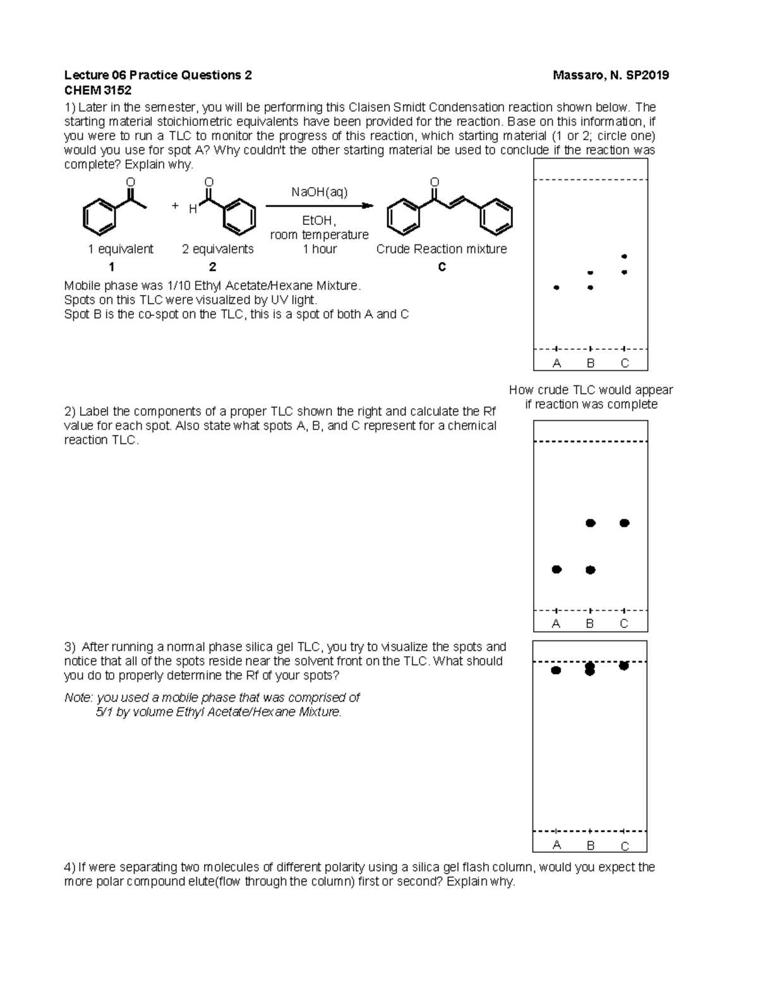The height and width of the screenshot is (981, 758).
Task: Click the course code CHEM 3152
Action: (98, 90)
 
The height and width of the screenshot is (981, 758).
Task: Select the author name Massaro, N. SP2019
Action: (610, 76)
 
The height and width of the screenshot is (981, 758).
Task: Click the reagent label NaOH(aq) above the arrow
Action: (319, 192)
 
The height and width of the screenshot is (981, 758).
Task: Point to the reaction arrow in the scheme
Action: (319, 206)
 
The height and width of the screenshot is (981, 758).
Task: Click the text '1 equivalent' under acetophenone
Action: (121, 249)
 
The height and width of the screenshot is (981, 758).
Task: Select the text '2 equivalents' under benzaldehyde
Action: (218, 249)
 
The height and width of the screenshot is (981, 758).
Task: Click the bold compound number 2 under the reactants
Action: (213, 267)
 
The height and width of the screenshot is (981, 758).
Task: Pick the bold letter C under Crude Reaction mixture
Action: (442, 267)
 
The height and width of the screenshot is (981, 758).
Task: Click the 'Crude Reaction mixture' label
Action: (442, 249)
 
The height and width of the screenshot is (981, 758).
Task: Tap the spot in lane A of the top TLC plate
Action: (556, 287)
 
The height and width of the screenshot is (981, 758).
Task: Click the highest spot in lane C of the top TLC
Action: (624, 256)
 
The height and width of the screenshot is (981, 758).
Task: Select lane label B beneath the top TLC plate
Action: (591, 363)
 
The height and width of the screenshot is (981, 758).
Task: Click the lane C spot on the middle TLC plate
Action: (624, 522)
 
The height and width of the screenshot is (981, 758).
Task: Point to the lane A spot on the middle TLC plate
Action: (556, 569)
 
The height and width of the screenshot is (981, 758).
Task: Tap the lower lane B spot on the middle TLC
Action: (591, 570)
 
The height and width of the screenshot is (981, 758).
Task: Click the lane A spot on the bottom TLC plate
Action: (556, 670)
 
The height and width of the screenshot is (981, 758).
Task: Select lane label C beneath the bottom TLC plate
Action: (624, 846)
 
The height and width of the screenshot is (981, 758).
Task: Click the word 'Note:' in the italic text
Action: (79, 697)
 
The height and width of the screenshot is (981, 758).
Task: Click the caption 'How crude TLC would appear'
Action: (591, 390)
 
